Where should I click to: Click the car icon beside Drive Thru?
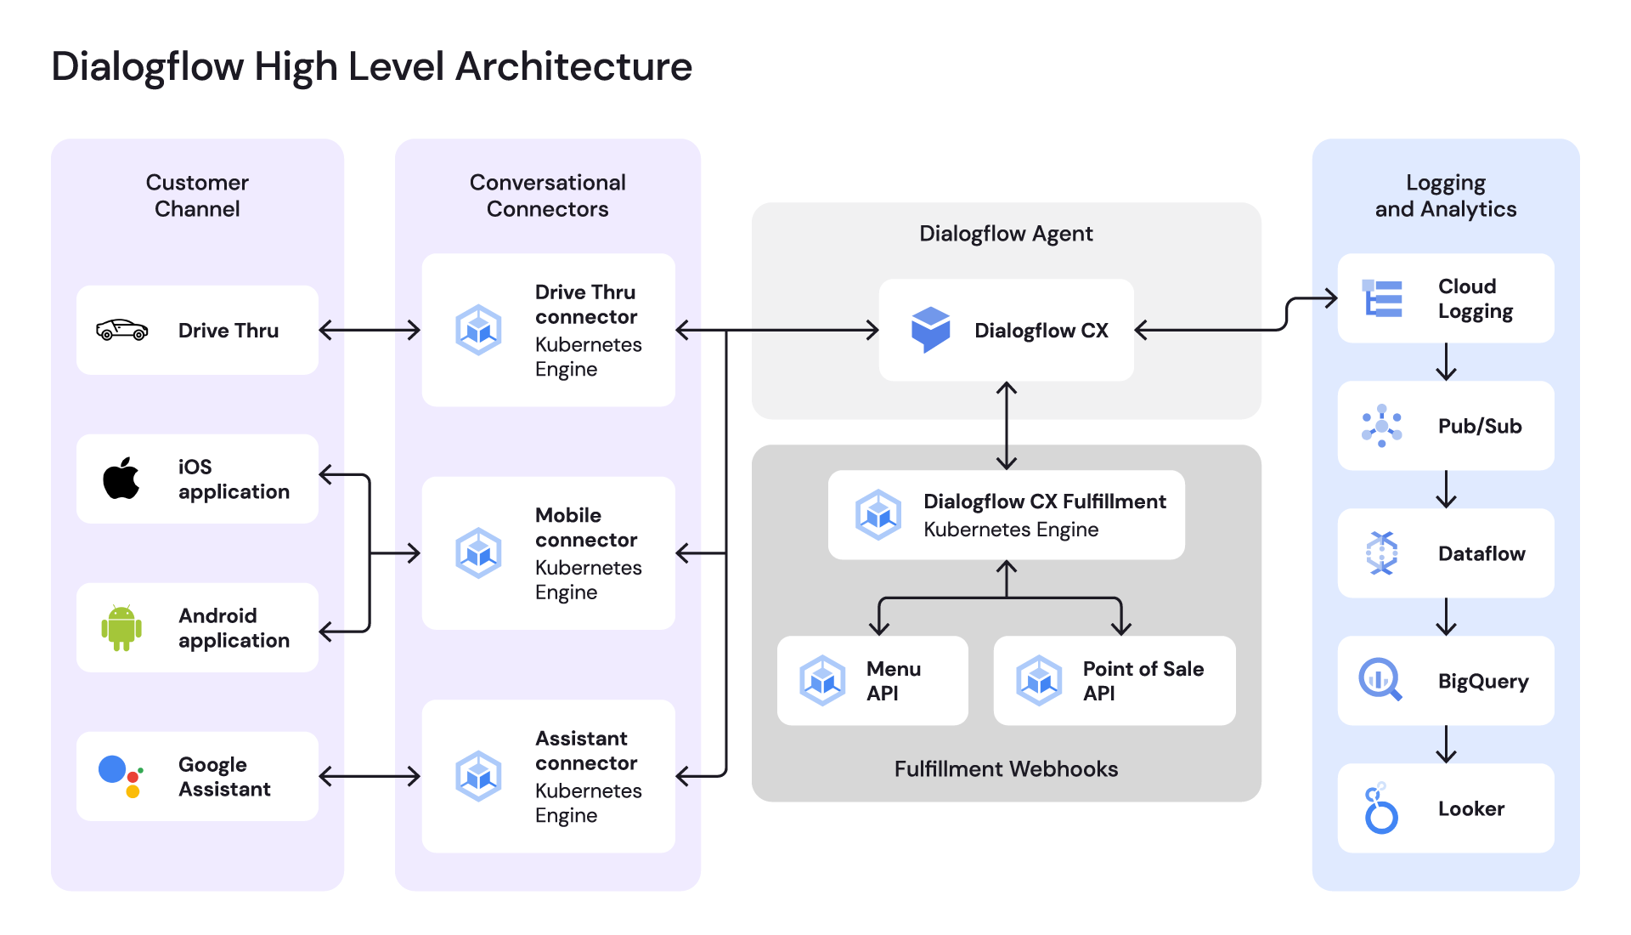121,330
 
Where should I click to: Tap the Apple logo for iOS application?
121,478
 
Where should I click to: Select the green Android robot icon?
121,628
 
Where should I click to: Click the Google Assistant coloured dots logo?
121,776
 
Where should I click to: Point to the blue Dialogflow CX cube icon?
930,330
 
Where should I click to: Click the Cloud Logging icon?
1382,298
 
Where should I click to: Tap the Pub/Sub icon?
1382,426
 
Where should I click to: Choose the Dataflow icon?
1382,553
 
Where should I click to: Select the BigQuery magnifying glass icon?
1380,680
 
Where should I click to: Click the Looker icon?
1380,808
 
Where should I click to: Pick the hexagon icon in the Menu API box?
822,680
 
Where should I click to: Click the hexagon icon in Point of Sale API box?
1039,680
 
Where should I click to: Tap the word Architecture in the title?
574,66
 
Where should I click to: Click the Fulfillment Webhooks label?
1006,769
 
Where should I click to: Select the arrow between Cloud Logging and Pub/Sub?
1446,361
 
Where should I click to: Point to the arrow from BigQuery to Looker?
1446,744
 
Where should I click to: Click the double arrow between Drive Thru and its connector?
370,330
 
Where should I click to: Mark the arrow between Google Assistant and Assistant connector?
370,776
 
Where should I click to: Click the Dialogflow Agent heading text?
1006,234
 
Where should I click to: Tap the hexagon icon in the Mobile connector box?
478,552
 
